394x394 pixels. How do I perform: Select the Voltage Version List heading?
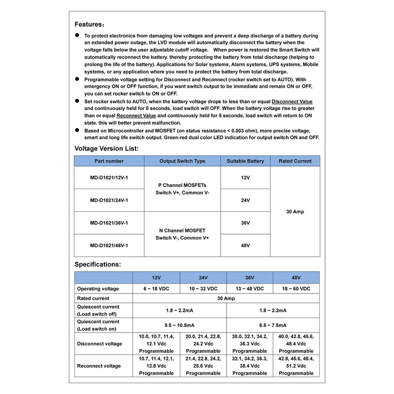[106, 148]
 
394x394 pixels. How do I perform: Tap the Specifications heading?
[97, 264]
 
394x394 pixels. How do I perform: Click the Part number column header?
[109, 161]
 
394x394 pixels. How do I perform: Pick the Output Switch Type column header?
[182, 161]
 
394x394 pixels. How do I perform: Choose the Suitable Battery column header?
[245, 161]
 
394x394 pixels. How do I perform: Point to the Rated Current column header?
[295, 161]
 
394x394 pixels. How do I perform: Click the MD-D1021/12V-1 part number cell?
[109, 177]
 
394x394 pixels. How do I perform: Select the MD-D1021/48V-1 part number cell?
[109, 245]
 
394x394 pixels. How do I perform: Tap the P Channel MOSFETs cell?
[182, 189]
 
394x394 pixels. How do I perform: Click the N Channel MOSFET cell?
[182, 234]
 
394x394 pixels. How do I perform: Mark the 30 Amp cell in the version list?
[295, 211]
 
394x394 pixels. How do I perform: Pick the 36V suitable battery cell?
[245, 223]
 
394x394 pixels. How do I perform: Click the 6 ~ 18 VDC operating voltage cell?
[156, 289]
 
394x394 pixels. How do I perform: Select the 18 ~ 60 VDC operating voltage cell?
[296, 289]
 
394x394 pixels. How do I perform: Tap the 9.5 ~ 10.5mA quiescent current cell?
[180, 325]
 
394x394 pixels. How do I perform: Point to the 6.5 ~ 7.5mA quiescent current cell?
[273, 325]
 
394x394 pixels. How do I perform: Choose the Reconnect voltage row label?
[99, 366]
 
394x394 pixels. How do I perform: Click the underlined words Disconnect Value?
[292, 101]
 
